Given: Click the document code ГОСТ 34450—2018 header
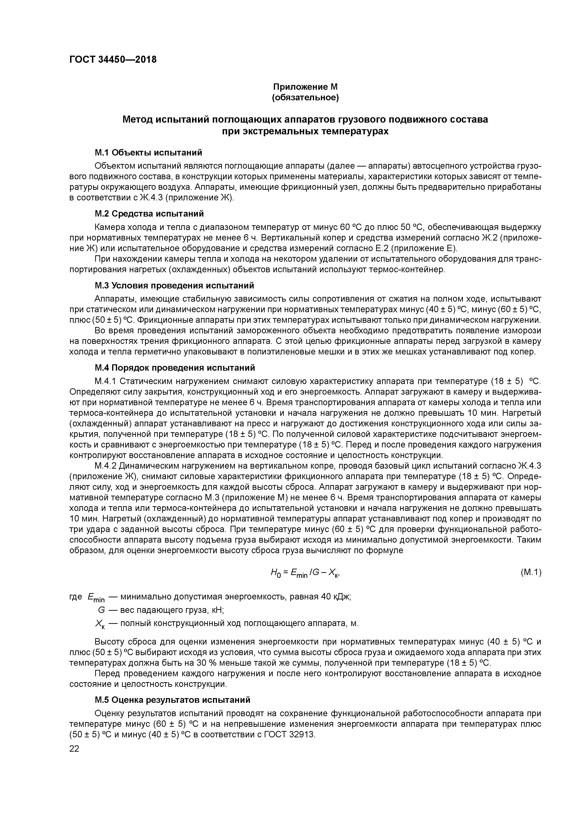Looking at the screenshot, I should (x=113, y=60).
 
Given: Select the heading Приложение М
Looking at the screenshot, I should (x=305, y=87).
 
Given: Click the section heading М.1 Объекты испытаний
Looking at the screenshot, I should (x=148, y=152).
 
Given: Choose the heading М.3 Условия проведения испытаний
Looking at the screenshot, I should (x=174, y=285).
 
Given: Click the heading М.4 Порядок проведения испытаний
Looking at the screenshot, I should (x=175, y=368).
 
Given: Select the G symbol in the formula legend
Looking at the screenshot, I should (x=101, y=610).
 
